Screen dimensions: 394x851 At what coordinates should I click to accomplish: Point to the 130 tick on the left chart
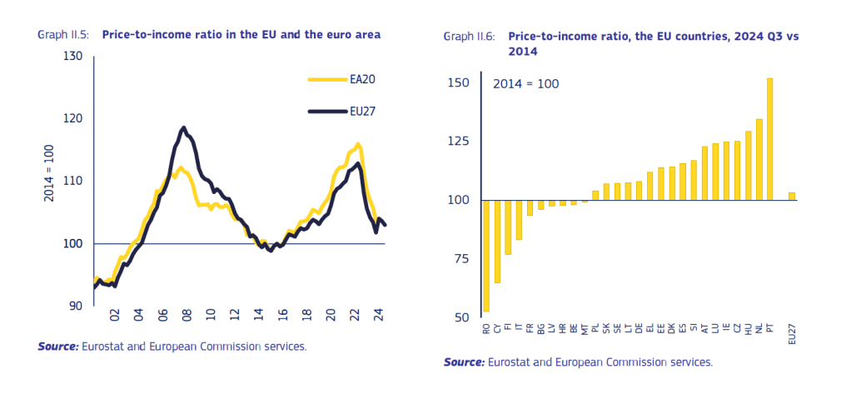click(x=73, y=57)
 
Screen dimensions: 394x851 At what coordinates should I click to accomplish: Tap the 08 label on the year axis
click(x=187, y=317)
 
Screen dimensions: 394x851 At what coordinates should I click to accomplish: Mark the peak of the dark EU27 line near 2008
click(x=183, y=128)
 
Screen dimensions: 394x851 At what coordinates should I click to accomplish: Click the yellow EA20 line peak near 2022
click(x=357, y=145)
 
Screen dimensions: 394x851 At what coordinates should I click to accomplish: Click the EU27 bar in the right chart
click(x=792, y=197)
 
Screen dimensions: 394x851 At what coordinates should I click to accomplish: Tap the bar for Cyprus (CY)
click(x=497, y=242)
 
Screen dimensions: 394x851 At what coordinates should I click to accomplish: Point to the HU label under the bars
click(x=748, y=330)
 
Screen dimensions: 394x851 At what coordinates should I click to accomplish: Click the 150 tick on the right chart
click(x=460, y=82)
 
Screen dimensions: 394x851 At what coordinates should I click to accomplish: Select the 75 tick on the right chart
click(x=463, y=259)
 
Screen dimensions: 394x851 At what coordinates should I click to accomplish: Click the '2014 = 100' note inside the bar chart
click(x=525, y=84)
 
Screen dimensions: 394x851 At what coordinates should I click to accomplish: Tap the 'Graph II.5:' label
click(x=65, y=35)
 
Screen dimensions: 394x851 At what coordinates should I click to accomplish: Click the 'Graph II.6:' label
click(x=470, y=37)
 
